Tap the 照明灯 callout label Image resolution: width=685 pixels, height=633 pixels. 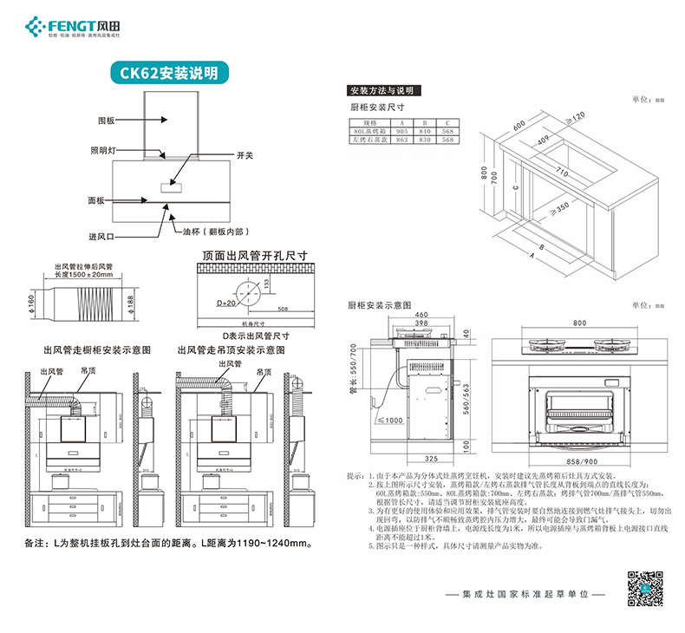click(102, 150)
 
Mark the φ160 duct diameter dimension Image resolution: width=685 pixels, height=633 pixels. click(29, 301)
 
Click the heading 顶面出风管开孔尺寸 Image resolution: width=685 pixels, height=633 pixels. click(255, 257)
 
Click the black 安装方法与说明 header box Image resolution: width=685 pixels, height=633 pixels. click(383, 90)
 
